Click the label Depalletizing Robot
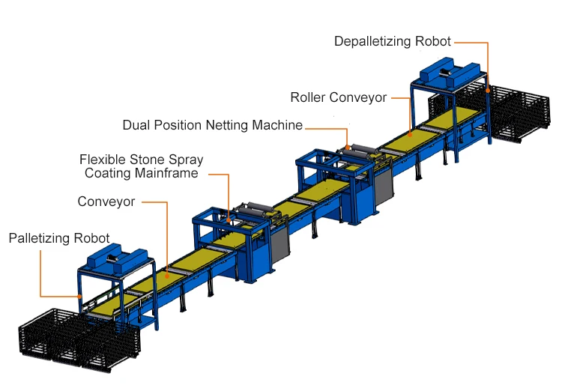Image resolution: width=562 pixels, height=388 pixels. tap(393, 41)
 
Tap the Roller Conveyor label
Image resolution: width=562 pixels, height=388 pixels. tap(339, 97)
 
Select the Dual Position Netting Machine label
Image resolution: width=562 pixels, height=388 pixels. tap(213, 125)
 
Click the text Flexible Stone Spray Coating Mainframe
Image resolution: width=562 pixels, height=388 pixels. tap(142, 166)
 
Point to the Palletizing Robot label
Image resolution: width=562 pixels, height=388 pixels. tap(59, 238)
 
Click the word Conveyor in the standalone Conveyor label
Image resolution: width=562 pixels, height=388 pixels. tap(106, 201)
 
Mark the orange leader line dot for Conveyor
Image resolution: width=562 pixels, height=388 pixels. tap(167, 275)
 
